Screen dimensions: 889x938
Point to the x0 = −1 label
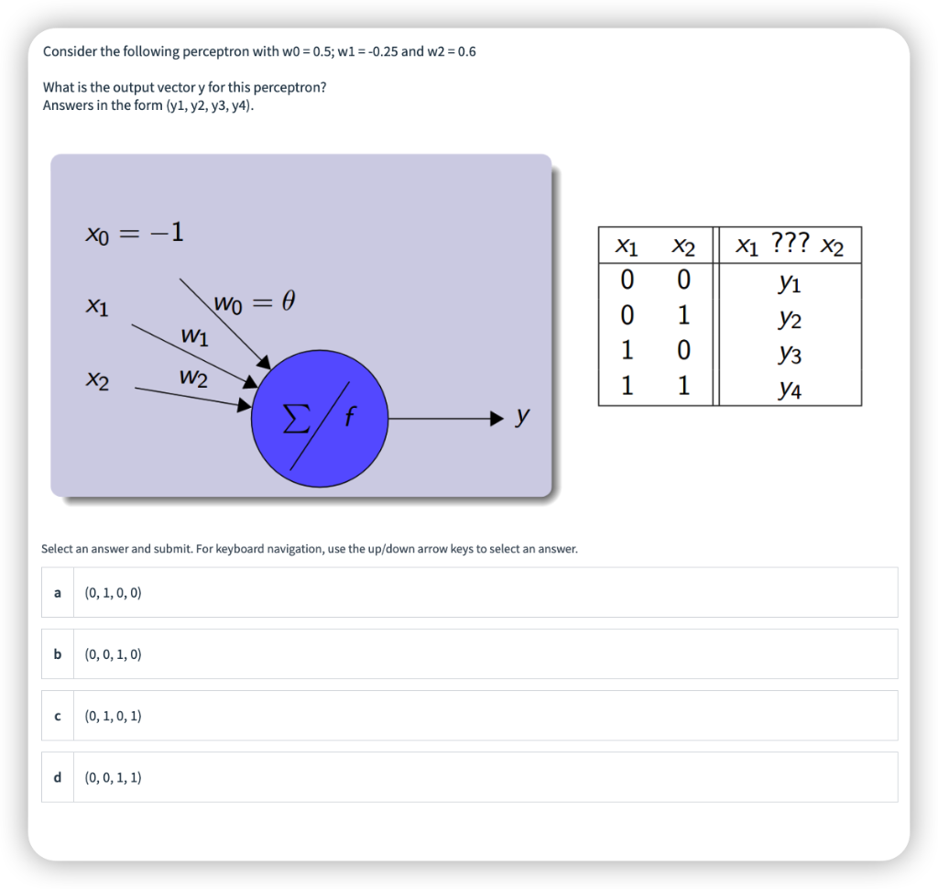tap(135, 234)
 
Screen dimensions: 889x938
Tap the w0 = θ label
tap(255, 302)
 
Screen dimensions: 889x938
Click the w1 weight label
tap(194, 336)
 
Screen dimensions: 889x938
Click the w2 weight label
tap(193, 377)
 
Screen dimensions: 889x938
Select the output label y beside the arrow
tap(522, 417)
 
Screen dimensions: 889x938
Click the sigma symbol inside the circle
tap(294, 422)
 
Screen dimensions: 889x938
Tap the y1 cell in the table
tap(789, 283)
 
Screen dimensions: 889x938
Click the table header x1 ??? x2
tap(789, 246)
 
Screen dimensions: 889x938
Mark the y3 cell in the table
tap(789, 354)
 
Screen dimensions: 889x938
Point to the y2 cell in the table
tap(789, 319)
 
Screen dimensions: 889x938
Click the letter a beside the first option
tap(58, 593)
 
